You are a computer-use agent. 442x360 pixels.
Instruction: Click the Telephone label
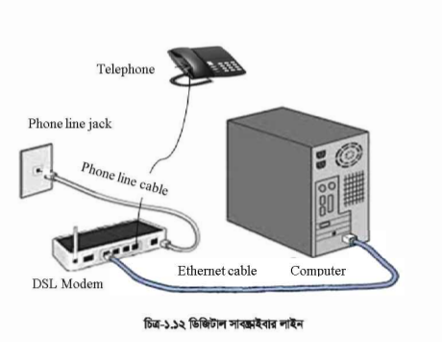[126, 69]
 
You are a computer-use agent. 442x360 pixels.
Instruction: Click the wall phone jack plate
[39, 171]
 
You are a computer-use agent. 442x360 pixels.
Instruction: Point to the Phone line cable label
[124, 179]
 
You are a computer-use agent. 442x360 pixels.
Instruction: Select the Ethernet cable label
[216, 271]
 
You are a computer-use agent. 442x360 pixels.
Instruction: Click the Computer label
[318, 271]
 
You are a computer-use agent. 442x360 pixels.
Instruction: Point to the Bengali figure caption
[222, 324]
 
